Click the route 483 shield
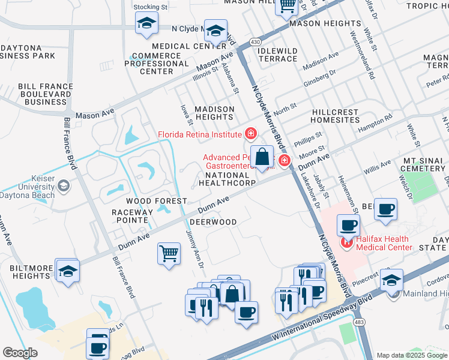(x=360, y=322)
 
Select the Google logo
(x=20, y=352)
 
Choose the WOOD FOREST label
(x=148, y=201)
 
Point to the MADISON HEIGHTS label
(x=214, y=113)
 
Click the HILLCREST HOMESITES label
(x=336, y=116)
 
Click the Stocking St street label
(x=150, y=7)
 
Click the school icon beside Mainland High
(x=391, y=280)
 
